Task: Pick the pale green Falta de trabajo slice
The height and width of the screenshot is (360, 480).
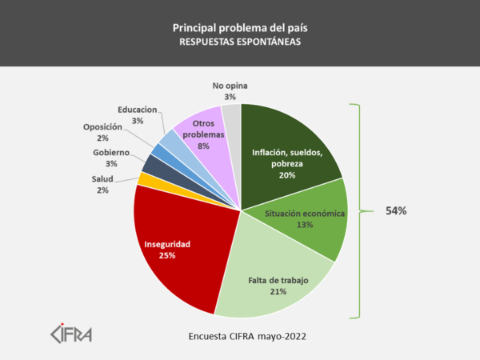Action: [272, 280]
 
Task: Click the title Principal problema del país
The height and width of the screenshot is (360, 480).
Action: [240, 28]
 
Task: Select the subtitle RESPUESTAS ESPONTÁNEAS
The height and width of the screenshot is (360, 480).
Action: [240, 44]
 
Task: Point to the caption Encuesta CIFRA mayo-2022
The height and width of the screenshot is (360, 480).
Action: [239, 336]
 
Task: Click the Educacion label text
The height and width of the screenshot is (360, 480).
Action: [137, 110]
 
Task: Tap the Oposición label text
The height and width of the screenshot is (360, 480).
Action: [102, 126]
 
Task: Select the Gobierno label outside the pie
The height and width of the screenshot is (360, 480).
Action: [110, 152]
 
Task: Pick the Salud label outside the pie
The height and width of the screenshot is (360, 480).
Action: [102, 178]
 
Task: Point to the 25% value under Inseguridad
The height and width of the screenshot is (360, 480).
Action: [166, 255]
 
